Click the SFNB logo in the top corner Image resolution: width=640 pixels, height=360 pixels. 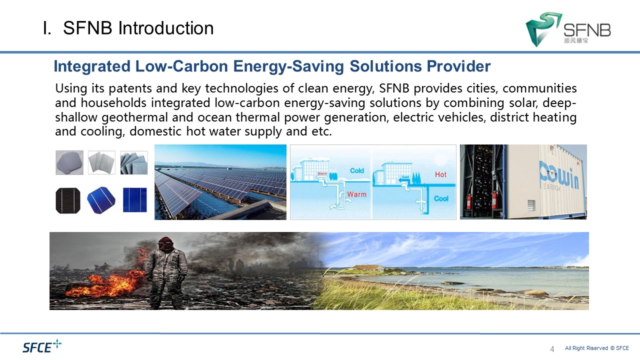tap(568, 29)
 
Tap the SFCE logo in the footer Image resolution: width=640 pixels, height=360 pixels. tap(42, 346)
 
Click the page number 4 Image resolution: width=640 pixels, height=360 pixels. tap(552, 349)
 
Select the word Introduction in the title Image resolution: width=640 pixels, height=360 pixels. tap(165, 28)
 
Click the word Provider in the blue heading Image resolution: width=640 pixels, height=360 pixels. tap(458, 66)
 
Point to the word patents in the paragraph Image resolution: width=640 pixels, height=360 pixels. tap(130, 88)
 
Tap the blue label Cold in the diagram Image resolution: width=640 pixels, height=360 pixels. tap(357, 170)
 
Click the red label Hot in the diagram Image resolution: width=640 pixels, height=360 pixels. tap(440, 174)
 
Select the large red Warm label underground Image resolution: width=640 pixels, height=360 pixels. tap(356, 194)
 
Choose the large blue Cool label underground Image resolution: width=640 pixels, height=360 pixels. tap(441, 198)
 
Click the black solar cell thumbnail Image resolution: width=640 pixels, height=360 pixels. tap(68, 200)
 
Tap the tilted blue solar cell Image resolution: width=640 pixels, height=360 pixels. tap(101, 200)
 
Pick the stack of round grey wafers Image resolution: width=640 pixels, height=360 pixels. tap(69, 162)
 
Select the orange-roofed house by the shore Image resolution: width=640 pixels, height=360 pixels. tap(367, 268)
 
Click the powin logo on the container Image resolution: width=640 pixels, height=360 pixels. tap(559, 175)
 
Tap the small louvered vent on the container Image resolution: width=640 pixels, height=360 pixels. tap(531, 205)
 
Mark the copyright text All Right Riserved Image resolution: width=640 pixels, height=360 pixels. tap(586, 348)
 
